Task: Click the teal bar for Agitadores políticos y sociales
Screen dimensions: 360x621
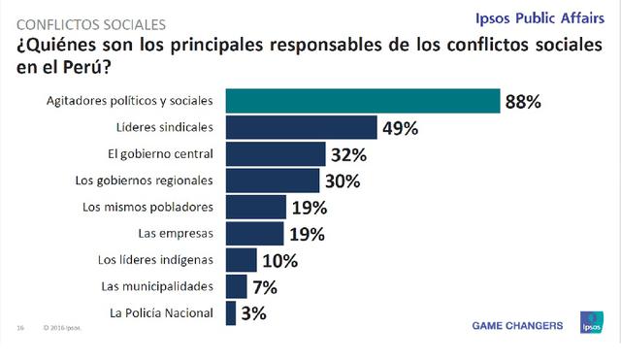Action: [x=363, y=101]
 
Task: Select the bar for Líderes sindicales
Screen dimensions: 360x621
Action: [x=301, y=127]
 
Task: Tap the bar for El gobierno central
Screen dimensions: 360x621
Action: [x=276, y=153]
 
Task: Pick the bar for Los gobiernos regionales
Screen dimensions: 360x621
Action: [x=273, y=180]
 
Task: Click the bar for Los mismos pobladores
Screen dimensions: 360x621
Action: [x=256, y=207]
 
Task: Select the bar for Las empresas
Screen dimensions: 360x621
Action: [x=255, y=233]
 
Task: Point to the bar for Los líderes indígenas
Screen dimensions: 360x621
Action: [x=242, y=260]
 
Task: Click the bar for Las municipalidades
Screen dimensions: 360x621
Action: [x=237, y=286]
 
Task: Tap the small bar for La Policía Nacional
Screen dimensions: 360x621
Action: [x=231, y=312]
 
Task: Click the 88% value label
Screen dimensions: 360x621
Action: [x=522, y=102]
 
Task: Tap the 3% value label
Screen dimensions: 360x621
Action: [x=253, y=313]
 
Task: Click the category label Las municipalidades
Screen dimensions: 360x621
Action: [x=157, y=286]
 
